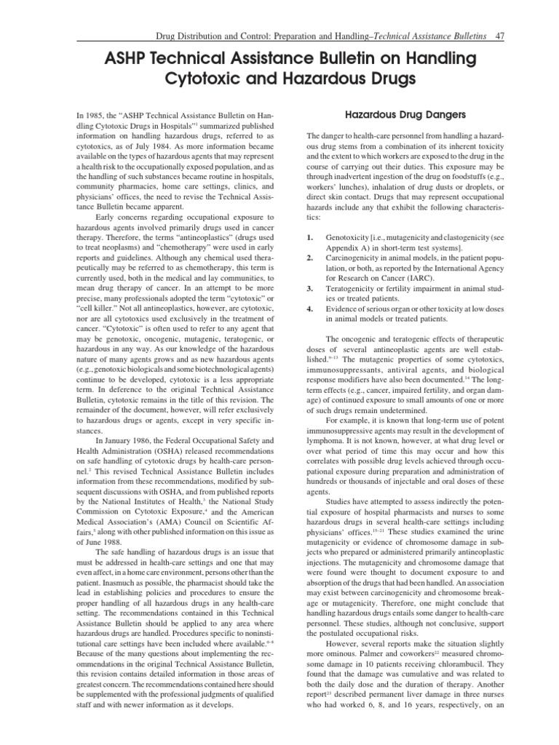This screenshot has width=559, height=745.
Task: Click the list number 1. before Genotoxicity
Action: (310, 236)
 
